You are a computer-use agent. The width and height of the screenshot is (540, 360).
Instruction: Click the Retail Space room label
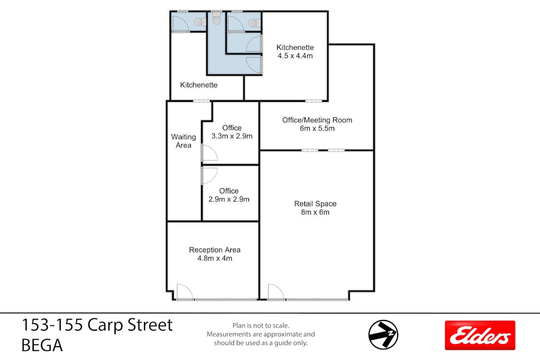tap(315, 204)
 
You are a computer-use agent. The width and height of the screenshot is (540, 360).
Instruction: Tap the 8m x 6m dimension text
tap(315, 212)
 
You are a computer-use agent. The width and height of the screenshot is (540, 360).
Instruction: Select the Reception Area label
tap(214, 250)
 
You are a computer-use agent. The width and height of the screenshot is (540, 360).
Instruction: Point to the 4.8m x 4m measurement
tap(214, 258)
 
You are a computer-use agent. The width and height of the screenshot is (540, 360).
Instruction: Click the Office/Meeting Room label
tap(317, 120)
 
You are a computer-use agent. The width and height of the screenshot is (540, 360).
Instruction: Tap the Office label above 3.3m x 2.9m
tap(232, 127)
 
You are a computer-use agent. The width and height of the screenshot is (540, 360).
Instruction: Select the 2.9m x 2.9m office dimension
tap(229, 199)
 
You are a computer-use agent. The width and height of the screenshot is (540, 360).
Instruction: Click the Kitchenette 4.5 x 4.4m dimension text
tap(295, 55)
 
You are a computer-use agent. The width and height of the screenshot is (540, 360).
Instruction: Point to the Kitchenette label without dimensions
tap(199, 85)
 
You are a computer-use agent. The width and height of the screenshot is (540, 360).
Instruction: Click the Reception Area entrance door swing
tap(184, 292)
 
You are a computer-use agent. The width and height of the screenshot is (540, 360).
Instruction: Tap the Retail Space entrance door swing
tap(276, 292)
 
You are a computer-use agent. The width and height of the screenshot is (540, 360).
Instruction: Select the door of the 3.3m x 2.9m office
tap(209, 153)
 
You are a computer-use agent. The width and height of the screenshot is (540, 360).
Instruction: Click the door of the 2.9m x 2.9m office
tap(209, 175)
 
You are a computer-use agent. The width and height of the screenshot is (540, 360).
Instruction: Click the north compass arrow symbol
tap(383, 335)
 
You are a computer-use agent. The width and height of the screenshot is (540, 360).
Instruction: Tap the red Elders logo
tap(480, 335)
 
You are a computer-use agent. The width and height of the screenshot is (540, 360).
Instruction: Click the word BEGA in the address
tap(42, 346)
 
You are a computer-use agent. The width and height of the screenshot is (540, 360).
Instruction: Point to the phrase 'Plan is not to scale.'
tap(261, 325)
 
